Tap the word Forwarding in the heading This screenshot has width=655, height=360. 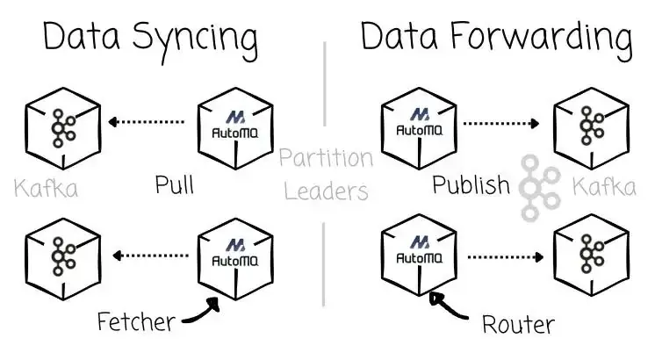click(x=542, y=40)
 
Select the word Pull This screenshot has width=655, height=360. click(x=175, y=184)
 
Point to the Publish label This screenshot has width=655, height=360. click(x=471, y=184)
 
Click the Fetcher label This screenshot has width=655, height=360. click(x=136, y=321)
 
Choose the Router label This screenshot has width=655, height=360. click(x=518, y=324)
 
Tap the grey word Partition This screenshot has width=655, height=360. click(x=326, y=157)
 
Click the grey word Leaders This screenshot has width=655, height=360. click(x=326, y=191)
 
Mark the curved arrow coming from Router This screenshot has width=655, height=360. click(x=447, y=307)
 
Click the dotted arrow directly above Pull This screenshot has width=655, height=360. click(x=146, y=122)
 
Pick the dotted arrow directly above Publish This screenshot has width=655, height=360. click(x=501, y=123)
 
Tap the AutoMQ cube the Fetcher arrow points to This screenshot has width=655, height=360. click(x=235, y=259)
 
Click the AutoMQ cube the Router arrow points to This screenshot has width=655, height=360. click(x=419, y=256)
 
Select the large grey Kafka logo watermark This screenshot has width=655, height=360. click(x=539, y=188)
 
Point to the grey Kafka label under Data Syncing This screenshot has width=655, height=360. click(x=46, y=188)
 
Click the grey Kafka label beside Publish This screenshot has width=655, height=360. click(x=604, y=186)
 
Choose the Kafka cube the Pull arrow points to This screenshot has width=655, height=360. click(x=63, y=128)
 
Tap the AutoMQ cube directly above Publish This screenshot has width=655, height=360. click(x=419, y=128)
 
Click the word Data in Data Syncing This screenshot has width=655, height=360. click(x=82, y=36)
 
